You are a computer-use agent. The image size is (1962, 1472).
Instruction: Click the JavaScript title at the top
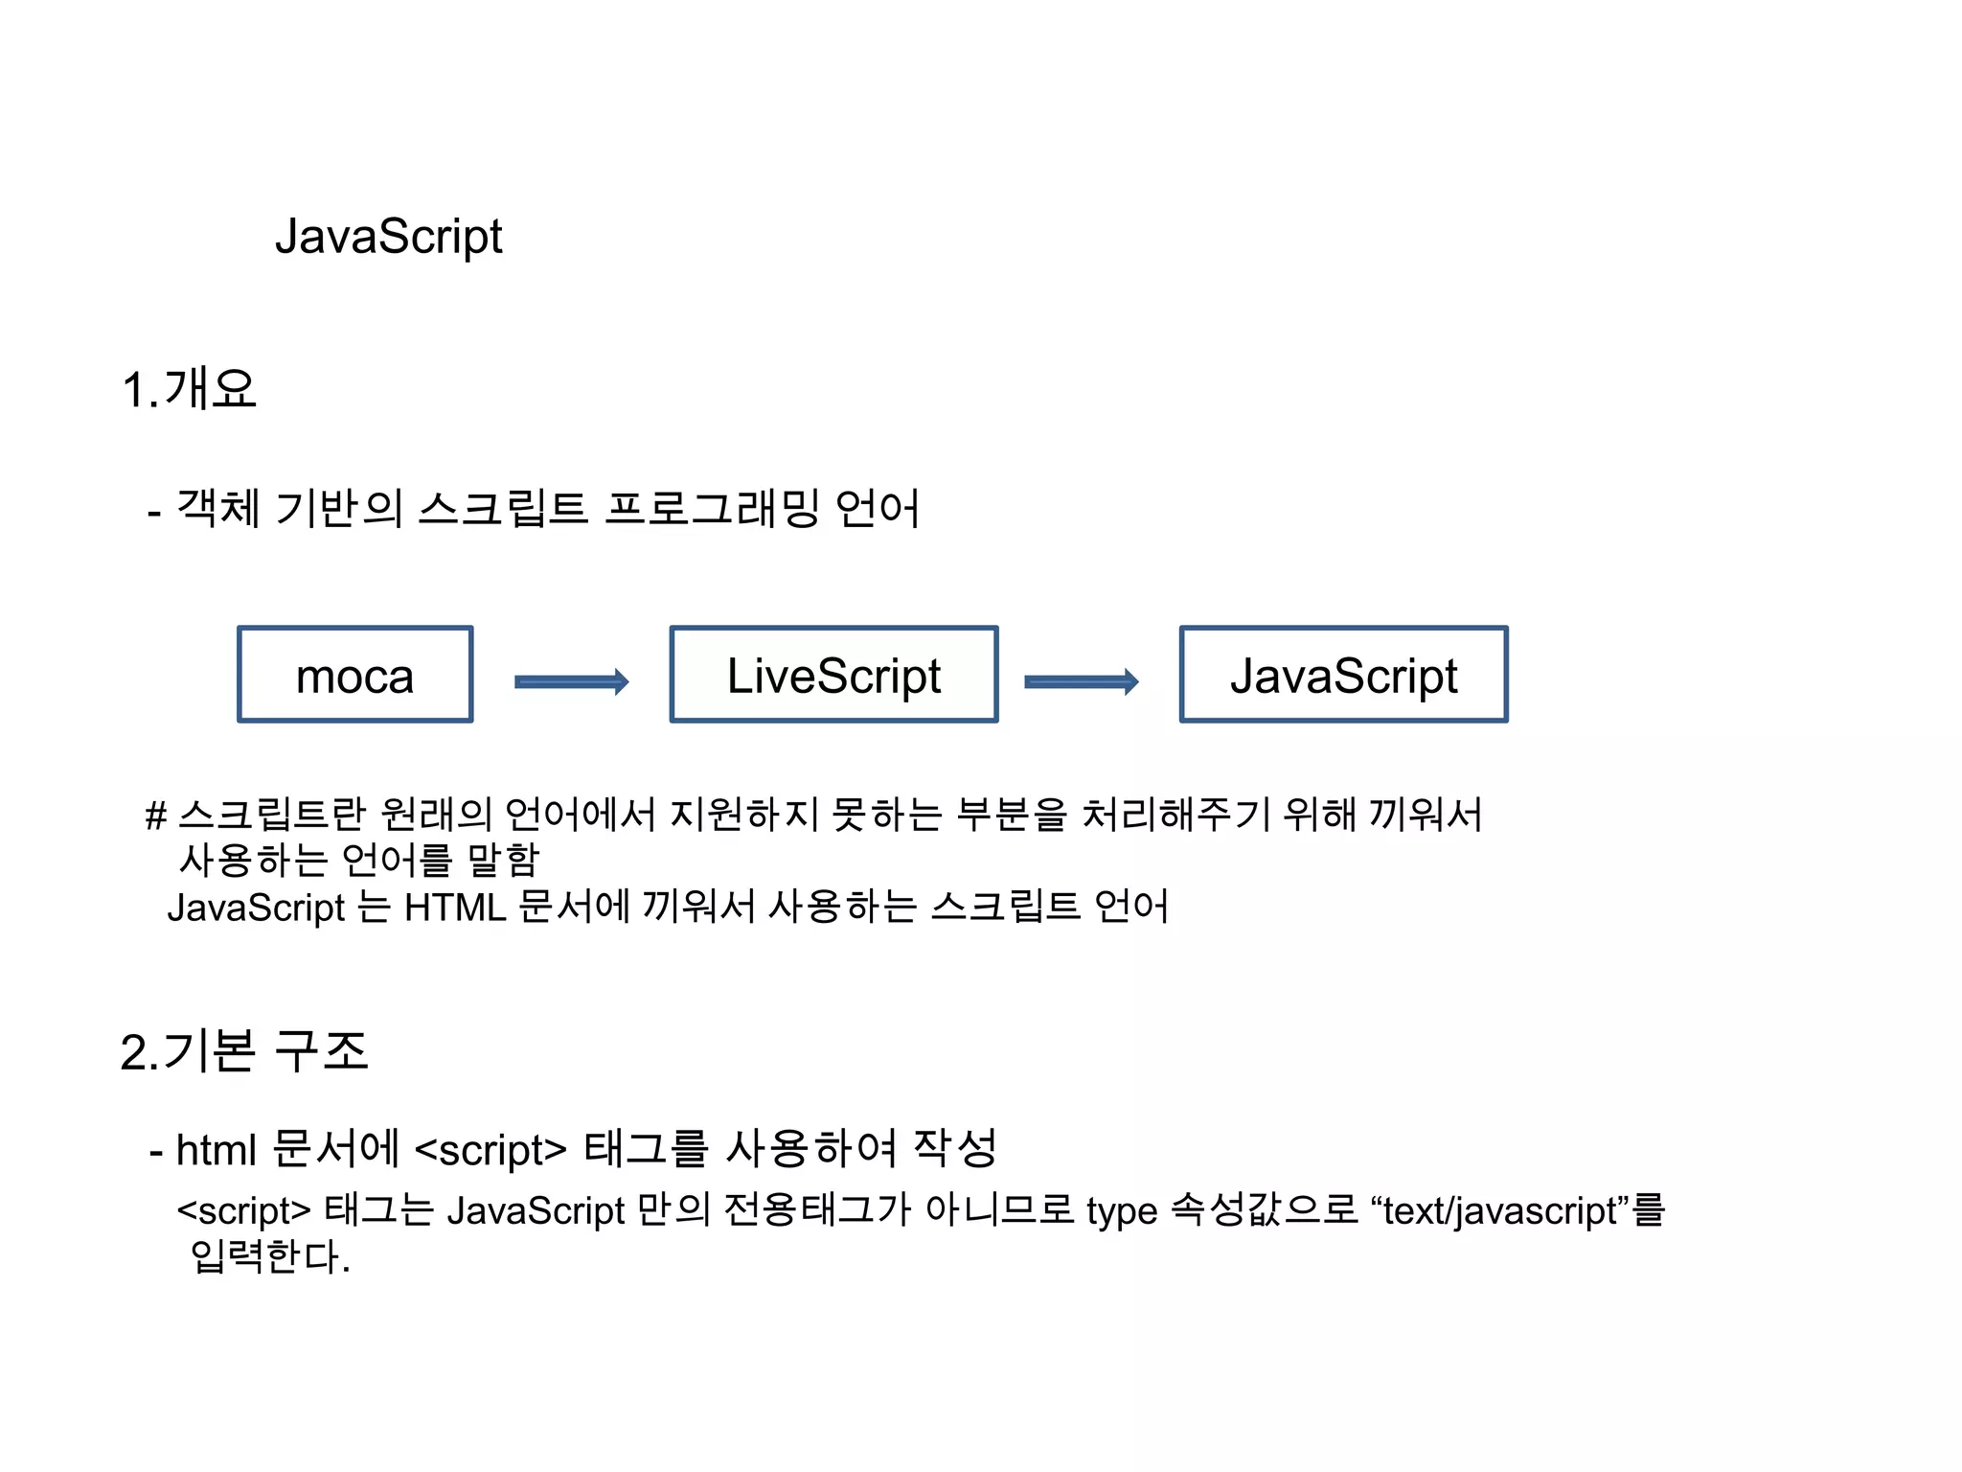click(388, 237)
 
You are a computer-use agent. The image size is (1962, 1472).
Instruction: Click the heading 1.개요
click(190, 389)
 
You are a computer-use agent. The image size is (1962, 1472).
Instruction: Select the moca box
click(355, 675)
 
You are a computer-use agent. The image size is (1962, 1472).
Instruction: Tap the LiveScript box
click(833, 675)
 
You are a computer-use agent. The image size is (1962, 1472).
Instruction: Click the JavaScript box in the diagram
click(1343, 675)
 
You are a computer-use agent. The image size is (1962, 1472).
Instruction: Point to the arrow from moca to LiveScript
click(572, 681)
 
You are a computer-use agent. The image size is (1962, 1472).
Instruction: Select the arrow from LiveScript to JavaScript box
click(1082, 681)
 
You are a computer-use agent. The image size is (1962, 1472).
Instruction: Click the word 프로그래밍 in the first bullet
click(713, 508)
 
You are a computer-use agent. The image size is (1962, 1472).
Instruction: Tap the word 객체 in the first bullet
click(218, 508)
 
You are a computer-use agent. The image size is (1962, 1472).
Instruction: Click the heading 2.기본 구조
click(244, 1051)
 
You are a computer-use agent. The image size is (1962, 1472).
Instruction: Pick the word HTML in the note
click(454, 907)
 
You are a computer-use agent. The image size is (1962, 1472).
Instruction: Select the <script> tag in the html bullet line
click(490, 1149)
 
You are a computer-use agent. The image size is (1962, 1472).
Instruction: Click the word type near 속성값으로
click(1122, 1211)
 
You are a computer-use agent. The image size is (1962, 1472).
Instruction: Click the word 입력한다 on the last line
click(265, 1256)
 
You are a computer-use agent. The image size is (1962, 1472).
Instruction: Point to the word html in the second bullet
click(217, 1149)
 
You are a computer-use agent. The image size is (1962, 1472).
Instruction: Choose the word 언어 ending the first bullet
click(878, 508)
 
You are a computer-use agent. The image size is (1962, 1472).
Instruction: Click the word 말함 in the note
click(504, 860)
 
